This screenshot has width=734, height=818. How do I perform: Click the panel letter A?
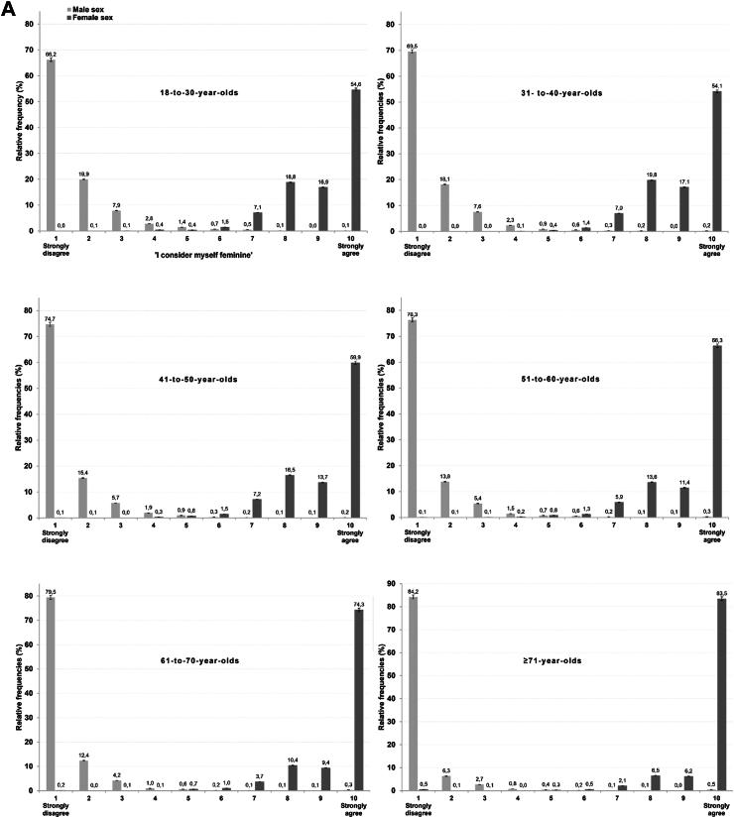point(10,11)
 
